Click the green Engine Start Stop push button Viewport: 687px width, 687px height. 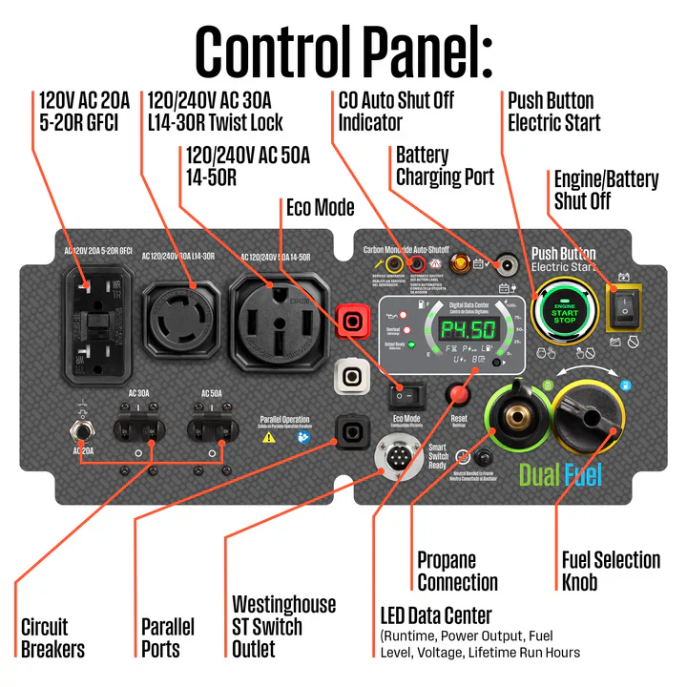pyautogui.click(x=565, y=312)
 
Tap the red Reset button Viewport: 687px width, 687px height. pyautogui.click(x=460, y=393)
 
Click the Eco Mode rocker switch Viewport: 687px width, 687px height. pyautogui.click(x=406, y=393)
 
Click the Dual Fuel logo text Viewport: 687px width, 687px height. pyautogui.click(x=560, y=474)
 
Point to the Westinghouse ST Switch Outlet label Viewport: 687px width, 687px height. pyautogui.click(x=283, y=627)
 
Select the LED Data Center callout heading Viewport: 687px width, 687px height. pyautogui.click(x=437, y=615)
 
